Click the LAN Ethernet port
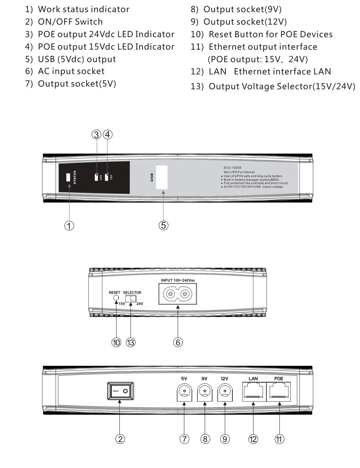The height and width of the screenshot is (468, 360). [254, 392]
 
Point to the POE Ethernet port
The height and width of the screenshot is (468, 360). [279, 392]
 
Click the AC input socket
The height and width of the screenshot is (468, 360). [177, 294]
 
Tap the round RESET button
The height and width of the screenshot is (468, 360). [116, 298]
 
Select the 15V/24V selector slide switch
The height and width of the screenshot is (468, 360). [131, 298]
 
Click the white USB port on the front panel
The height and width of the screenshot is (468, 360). [162, 177]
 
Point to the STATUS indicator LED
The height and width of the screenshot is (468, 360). [68, 177]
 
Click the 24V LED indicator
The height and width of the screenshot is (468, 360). [96, 177]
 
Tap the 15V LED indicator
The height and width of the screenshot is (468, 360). [107, 177]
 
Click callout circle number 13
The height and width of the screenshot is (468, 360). [131, 342]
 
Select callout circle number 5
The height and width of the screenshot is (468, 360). [163, 225]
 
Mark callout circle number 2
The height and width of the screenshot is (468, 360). [120, 439]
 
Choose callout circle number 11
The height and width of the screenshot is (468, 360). [279, 439]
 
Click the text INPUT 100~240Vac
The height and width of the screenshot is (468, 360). [178, 280]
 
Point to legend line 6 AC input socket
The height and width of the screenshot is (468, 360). [65, 71]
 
